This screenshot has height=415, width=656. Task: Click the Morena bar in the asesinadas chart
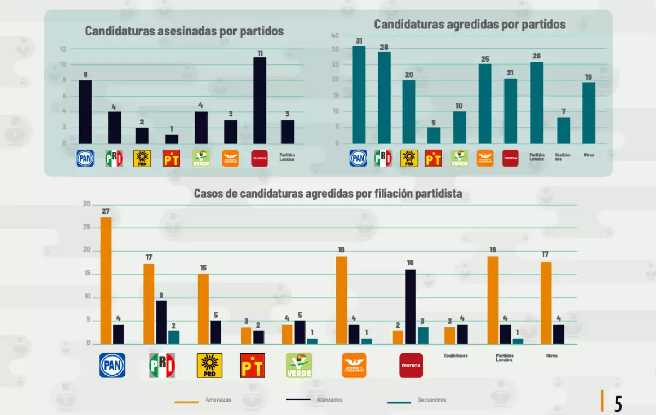click(260, 100)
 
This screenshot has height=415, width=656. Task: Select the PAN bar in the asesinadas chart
click(85, 112)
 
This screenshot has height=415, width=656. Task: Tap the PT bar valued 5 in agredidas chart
click(434, 135)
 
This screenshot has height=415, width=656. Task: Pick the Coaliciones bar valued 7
click(563, 130)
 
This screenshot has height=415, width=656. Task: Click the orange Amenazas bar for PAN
click(106, 281)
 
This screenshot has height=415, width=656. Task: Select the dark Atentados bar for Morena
click(411, 306)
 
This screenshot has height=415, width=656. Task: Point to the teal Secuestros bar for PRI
click(173, 337)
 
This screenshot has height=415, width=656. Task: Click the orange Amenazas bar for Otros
click(546, 303)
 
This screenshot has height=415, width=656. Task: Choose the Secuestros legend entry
click(416, 400)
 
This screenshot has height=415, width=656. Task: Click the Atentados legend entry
click(315, 400)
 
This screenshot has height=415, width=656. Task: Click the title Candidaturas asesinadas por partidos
click(184, 31)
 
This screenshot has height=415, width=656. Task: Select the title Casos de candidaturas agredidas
click(328, 193)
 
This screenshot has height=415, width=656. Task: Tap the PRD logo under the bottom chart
click(209, 365)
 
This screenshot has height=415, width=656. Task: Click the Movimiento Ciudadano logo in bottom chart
click(354, 365)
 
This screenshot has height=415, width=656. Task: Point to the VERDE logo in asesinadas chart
click(201, 158)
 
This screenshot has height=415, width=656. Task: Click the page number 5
click(618, 403)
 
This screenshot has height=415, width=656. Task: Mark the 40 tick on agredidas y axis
click(335, 35)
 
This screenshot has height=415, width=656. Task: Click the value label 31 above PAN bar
click(358, 41)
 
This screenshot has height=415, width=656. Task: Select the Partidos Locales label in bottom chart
click(505, 357)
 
